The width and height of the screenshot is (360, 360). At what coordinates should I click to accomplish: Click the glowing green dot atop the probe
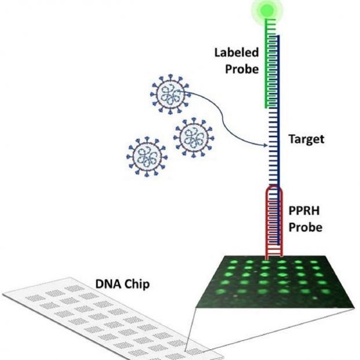267,10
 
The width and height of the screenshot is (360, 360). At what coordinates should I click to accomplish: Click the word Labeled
235,52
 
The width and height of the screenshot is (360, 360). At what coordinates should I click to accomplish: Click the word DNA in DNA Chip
106,285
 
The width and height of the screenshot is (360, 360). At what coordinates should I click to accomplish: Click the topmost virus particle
169,94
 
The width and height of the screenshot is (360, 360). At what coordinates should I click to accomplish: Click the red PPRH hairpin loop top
275,189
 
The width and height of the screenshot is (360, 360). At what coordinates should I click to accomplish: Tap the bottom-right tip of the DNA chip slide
223,352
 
